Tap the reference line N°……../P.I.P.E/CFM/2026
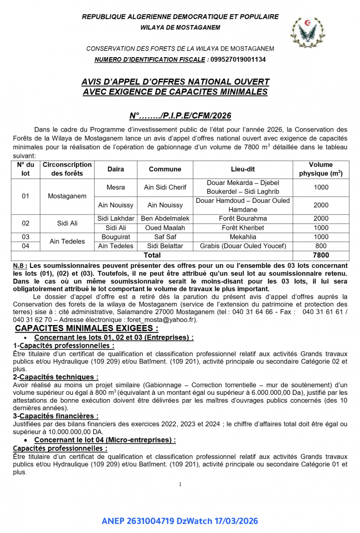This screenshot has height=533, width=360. point(180,116)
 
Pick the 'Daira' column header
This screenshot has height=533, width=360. point(116,169)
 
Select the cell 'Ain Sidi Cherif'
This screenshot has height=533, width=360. point(165,187)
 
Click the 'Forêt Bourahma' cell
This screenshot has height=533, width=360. point(243,219)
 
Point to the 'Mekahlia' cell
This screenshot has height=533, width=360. point(243,237)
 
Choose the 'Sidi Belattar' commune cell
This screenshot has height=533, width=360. point(165,246)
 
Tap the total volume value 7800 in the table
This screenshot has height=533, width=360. point(321,255)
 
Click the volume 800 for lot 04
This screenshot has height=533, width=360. point(321,246)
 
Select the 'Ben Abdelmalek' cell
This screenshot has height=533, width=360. point(165,219)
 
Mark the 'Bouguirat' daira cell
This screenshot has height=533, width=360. point(116,237)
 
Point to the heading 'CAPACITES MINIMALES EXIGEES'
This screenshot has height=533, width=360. point(87,329)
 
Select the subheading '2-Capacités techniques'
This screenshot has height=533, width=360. point(56,377)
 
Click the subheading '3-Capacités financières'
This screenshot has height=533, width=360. point(56,416)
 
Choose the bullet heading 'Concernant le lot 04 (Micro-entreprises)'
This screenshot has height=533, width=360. point(105,440)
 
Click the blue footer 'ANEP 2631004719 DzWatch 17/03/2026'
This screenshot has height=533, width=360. point(180,521)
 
